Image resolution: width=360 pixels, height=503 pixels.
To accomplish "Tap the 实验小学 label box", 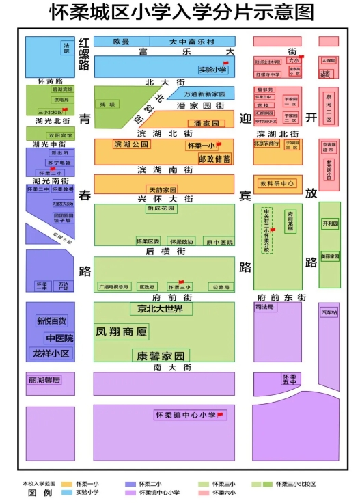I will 213,69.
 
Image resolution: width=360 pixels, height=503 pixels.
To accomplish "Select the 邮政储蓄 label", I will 214,158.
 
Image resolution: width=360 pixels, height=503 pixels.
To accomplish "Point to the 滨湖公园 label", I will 130,145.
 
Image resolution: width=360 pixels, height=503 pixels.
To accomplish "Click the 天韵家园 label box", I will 162,189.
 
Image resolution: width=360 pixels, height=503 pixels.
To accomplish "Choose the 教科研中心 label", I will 277,184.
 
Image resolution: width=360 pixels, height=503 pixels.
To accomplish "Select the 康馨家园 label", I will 160,356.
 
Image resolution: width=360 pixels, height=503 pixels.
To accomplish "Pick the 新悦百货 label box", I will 52,321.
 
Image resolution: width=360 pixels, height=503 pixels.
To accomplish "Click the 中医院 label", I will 59,338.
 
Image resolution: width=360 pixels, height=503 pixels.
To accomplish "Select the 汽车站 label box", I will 329,312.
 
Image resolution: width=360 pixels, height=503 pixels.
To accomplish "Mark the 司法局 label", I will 265,308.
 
